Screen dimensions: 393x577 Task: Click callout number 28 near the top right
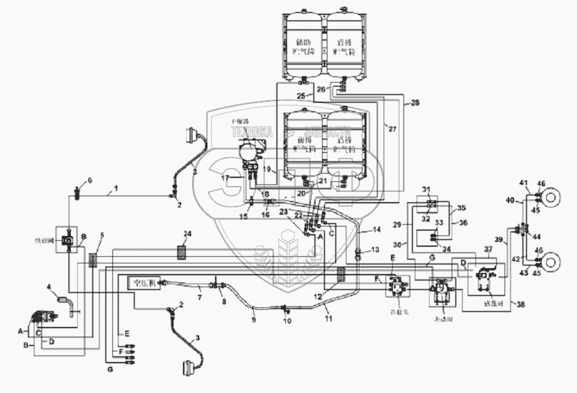point(415,102)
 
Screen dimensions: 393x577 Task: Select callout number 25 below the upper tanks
point(301,96)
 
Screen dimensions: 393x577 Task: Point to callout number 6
point(90,180)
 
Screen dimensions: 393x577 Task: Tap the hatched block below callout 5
point(93,259)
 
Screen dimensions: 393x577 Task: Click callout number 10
point(288,320)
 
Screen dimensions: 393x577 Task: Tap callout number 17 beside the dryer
point(226,178)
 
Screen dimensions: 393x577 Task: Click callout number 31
point(425,190)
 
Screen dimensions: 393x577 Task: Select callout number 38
point(521,304)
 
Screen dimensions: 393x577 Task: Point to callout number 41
point(524,182)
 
